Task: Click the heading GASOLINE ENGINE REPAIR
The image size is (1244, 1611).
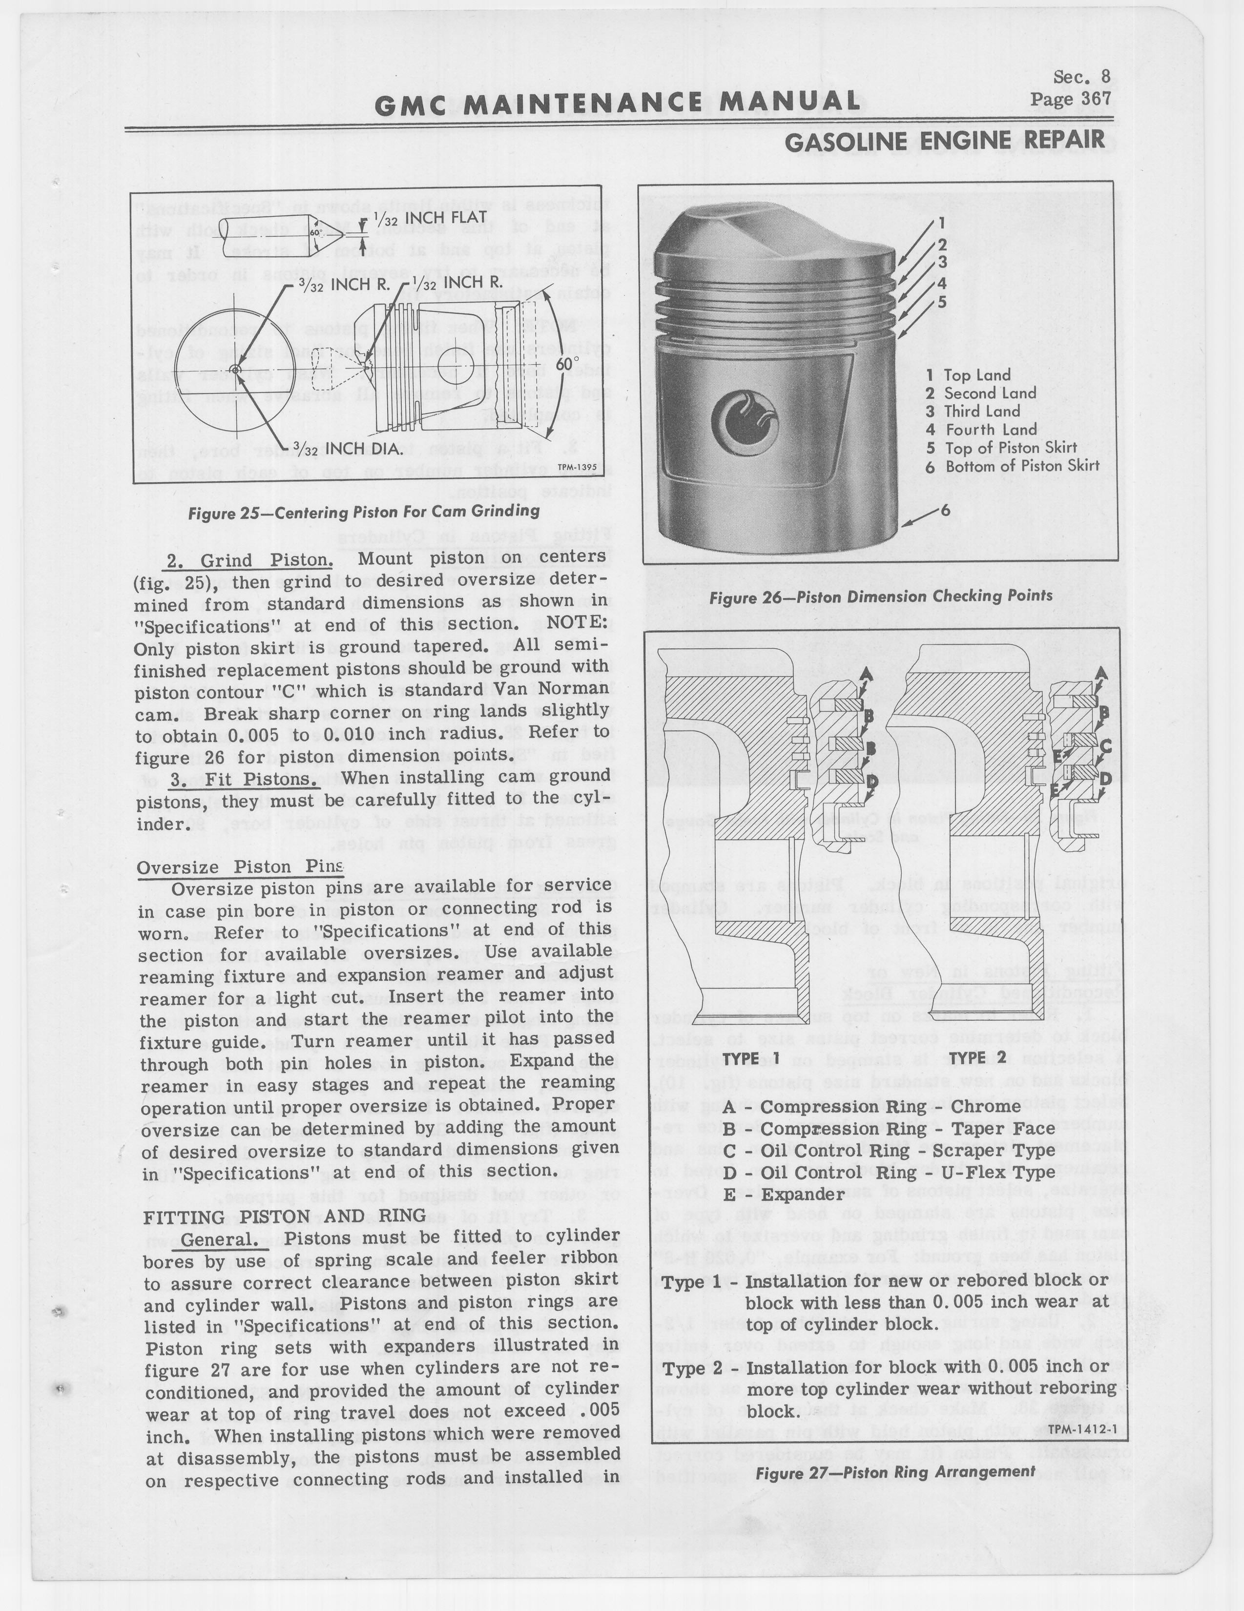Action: click(x=945, y=140)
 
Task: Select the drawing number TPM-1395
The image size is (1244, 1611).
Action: click(x=576, y=467)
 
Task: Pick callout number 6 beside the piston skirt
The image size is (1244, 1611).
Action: click(x=944, y=509)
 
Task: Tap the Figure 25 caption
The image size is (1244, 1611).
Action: click(x=363, y=511)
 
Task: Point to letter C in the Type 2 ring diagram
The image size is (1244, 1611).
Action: click(x=1104, y=746)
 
